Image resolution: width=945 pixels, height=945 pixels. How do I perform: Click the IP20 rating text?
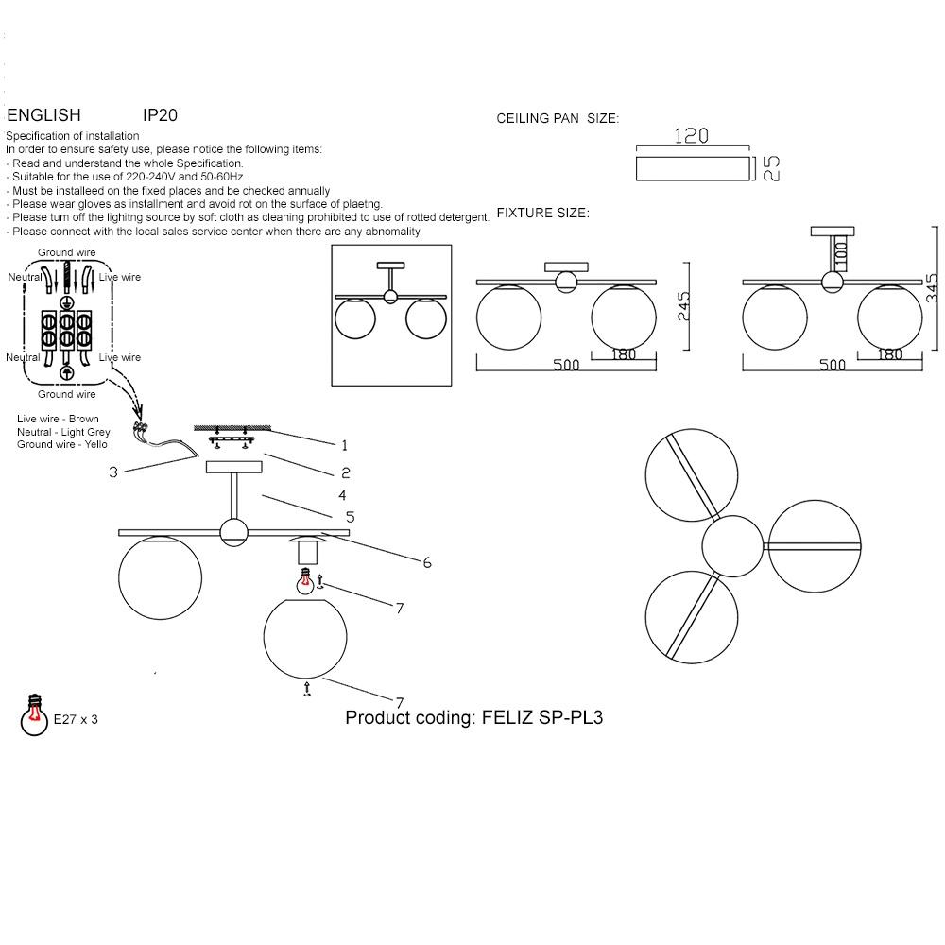click(x=160, y=115)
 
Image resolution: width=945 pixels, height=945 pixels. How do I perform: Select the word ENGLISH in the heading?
click(x=43, y=115)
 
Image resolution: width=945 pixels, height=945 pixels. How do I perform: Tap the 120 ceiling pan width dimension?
click(x=691, y=136)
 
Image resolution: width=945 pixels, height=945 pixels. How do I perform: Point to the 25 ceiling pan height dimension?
click(x=770, y=168)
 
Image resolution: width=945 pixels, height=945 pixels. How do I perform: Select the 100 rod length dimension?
click(x=841, y=252)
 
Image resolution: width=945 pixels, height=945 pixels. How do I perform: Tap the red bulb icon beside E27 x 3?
click(x=34, y=716)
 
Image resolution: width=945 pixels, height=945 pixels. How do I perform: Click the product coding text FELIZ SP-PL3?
click(x=474, y=717)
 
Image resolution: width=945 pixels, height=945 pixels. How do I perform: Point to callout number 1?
click(x=345, y=444)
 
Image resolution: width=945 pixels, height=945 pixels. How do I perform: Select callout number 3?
click(x=113, y=472)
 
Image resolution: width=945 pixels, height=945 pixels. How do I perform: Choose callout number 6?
click(x=427, y=562)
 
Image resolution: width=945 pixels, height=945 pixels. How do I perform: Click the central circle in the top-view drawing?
click(x=731, y=546)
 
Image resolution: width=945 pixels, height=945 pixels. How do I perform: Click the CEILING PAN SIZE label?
click(x=558, y=119)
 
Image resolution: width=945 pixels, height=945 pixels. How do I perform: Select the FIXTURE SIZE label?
click(x=542, y=213)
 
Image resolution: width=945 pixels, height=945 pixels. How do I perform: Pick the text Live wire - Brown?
click(x=58, y=419)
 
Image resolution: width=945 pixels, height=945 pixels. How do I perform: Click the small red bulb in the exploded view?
click(x=305, y=582)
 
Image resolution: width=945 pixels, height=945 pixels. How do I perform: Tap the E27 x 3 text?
click(x=76, y=720)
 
